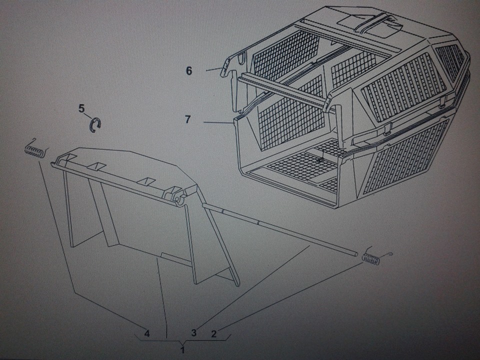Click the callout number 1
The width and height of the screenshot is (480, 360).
pyautogui.click(x=183, y=349)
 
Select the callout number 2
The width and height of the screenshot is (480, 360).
pyautogui.click(x=213, y=333)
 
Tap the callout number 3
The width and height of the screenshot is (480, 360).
pyautogui.click(x=193, y=332)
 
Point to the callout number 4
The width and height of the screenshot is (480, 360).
pyautogui.click(x=147, y=333)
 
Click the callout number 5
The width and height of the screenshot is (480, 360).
pyautogui.click(x=81, y=108)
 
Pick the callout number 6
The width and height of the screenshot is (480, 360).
pyautogui.click(x=189, y=70)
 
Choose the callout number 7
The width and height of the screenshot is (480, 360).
pyautogui.click(x=187, y=119)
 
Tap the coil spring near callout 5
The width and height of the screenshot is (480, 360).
pyautogui.click(x=36, y=150)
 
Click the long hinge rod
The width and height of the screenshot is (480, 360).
pyautogui.click(x=279, y=229)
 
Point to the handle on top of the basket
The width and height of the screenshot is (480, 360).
pyautogui.click(x=376, y=22)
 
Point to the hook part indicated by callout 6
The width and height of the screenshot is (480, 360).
pyautogui.click(x=225, y=67)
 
